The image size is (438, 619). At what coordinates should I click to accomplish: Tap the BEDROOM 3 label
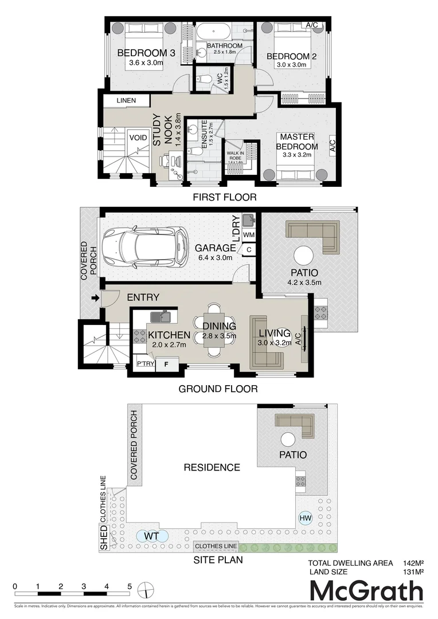click(146, 53)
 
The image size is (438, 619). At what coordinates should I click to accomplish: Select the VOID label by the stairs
click(138, 138)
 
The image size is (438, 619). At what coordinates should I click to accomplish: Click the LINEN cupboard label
click(126, 101)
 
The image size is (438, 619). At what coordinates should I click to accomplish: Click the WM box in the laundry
click(249, 235)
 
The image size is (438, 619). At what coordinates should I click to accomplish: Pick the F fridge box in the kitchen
click(166, 363)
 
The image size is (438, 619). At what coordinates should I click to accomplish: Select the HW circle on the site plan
click(305, 518)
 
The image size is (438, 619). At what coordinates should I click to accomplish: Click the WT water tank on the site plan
click(151, 536)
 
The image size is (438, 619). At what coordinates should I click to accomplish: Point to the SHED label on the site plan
click(104, 540)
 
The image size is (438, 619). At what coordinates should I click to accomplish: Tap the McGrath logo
click(366, 591)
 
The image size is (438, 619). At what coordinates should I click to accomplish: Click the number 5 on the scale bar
click(130, 587)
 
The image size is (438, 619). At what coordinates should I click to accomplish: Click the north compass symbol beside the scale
click(147, 590)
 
